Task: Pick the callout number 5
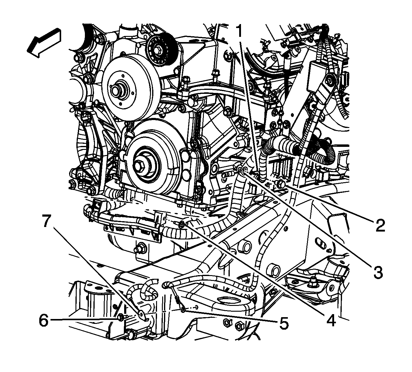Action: coord(283,323)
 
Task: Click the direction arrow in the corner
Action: coord(44,43)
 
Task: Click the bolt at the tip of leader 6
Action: coord(120,318)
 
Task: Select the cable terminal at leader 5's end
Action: coord(183,310)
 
